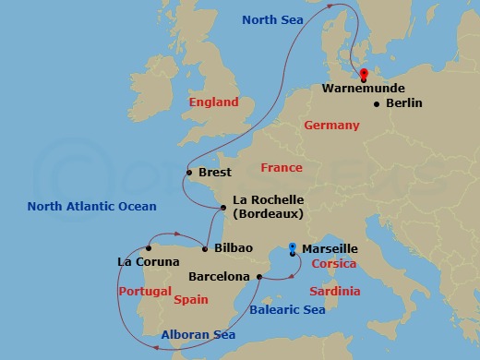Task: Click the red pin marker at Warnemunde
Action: tap(364, 75)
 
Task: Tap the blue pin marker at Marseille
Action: tap(292, 248)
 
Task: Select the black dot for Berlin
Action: tap(377, 103)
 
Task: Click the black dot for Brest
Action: tap(189, 172)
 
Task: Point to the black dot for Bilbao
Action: tap(204, 248)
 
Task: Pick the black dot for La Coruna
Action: tap(148, 248)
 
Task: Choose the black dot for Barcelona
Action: tap(259, 276)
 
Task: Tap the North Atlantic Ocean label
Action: tap(91, 206)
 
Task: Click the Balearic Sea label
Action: tap(287, 310)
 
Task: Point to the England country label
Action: tap(213, 102)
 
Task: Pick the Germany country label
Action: tap(331, 125)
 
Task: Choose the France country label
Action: tap(282, 168)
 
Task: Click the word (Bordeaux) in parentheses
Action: tap(270, 214)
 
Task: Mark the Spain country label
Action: tap(191, 300)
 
